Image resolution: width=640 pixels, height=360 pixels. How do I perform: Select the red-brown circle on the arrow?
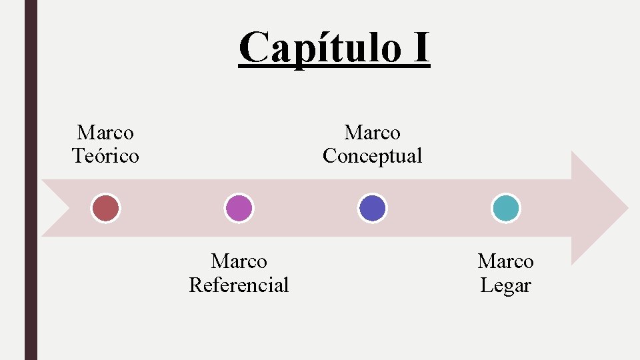point(105,208)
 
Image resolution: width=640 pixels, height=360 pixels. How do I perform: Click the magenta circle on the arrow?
point(239,208)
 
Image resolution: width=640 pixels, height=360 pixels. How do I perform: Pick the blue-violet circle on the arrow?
point(372,208)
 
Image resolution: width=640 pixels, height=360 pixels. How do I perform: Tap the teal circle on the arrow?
point(505,208)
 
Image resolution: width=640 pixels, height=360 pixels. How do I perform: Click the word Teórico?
point(105,156)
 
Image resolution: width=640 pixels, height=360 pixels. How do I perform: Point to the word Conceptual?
point(372,156)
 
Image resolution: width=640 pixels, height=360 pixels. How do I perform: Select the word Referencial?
point(239,285)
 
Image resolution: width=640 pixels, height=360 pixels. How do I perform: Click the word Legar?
point(505,285)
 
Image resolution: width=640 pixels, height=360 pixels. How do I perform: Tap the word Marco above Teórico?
point(105,133)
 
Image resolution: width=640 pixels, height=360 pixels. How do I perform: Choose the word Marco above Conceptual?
point(372,133)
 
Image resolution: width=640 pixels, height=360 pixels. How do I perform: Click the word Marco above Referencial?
point(239,261)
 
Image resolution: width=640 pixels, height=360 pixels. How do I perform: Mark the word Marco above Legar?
point(505,261)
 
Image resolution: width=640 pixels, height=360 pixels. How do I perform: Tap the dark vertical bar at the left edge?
point(31,180)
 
